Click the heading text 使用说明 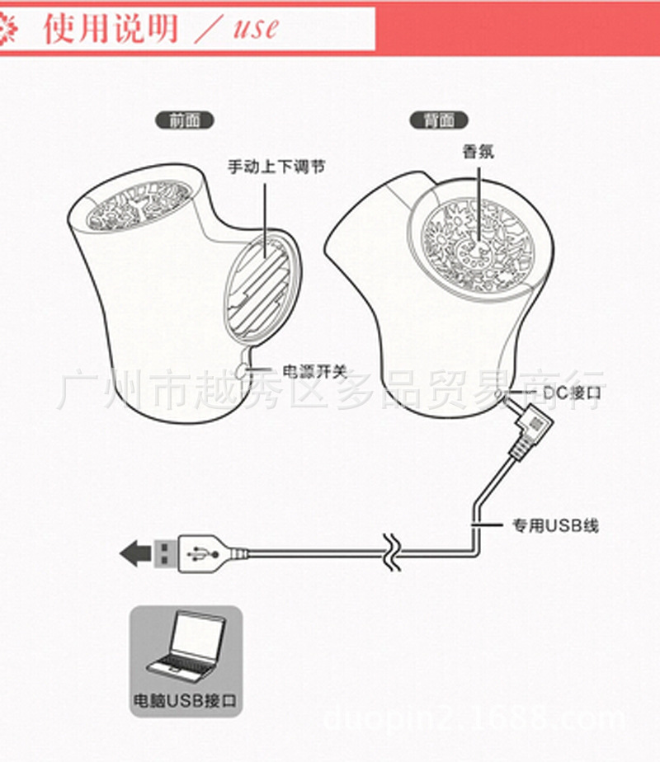[111, 29]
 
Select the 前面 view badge [184, 120]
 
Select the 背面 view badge [438, 120]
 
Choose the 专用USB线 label [554, 525]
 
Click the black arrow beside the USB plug [135, 552]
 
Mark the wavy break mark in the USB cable [392, 552]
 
